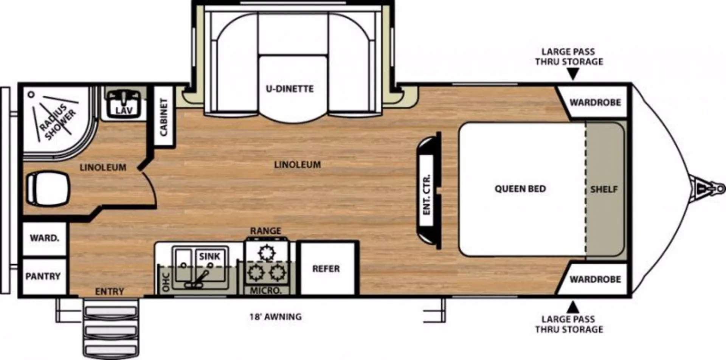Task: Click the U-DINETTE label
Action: click(290, 89)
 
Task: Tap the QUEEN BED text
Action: click(520, 189)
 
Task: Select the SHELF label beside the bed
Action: click(604, 189)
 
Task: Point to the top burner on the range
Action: click(267, 253)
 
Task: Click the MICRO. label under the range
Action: click(266, 291)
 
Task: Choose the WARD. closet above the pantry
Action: click(44, 239)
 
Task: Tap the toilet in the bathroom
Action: click(48, 188)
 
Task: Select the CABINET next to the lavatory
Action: click(164, 116)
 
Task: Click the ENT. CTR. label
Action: click(427, 195)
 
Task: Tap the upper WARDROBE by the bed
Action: click(595, 102)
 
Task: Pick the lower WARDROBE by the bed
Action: click(595, 279)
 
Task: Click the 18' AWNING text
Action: click(275, 317)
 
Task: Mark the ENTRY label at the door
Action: click(109, 292)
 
